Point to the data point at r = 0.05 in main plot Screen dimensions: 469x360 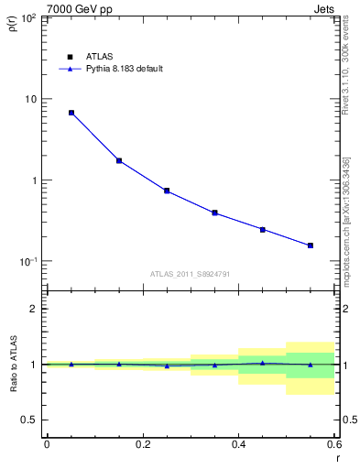pyautogui.click(x=71, y=113)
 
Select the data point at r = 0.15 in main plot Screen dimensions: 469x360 pyautogui.click(x=119, y=160)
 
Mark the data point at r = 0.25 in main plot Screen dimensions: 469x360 pyautogui.click(x=167, y=191)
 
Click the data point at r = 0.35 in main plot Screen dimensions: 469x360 pyautogui.click(x=214, y=213)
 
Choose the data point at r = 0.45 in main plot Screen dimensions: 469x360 pyautogui.click(x=263, y=229)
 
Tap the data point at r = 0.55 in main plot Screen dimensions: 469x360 pyautogui.click(x=311, y=245)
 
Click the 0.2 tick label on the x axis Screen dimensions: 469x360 pyautogui.click(x=142, y=444)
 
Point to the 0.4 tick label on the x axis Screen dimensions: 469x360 pyautogui.click(x=238, y=444)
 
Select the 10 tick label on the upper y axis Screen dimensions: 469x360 pyautogui.click(x=29, y=99)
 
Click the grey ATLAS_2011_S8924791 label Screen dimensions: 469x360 pyautogui.click(x=189, y=273)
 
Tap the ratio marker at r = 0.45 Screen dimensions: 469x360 pyautogui.click(x=263, y=363)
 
